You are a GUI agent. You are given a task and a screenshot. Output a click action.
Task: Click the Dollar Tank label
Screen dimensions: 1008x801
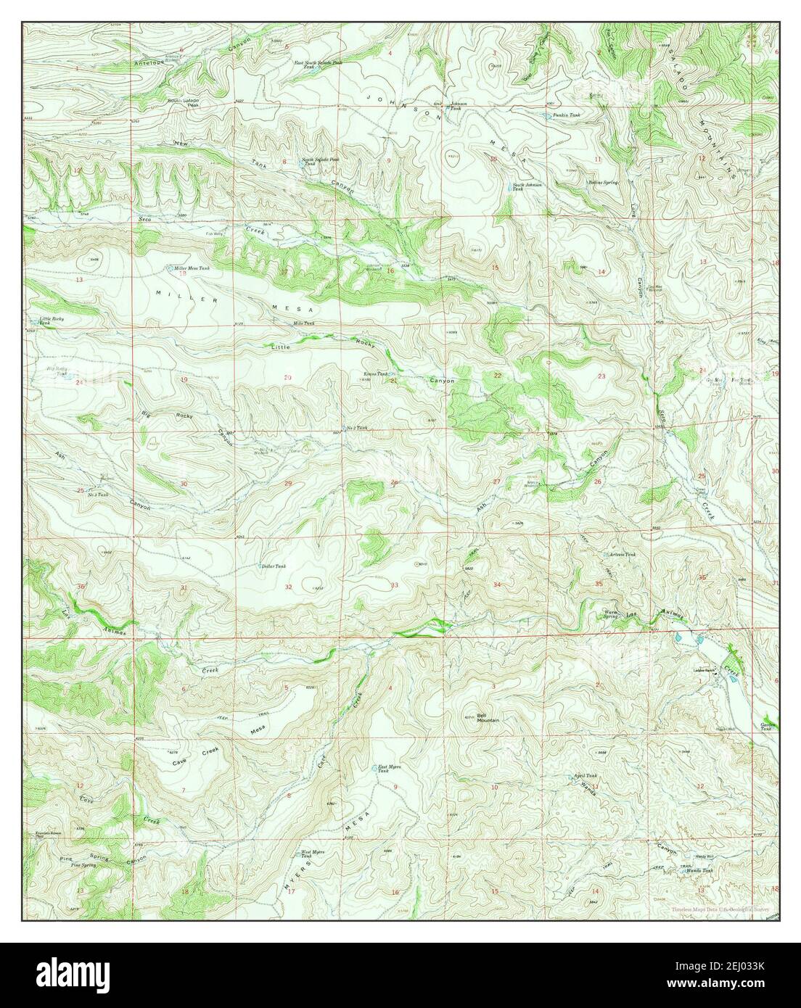[273, 566]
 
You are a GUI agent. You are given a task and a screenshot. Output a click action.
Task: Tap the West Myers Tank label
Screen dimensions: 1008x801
[311, 856]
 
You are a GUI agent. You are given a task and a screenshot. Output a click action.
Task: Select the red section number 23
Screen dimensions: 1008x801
[601, 376]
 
